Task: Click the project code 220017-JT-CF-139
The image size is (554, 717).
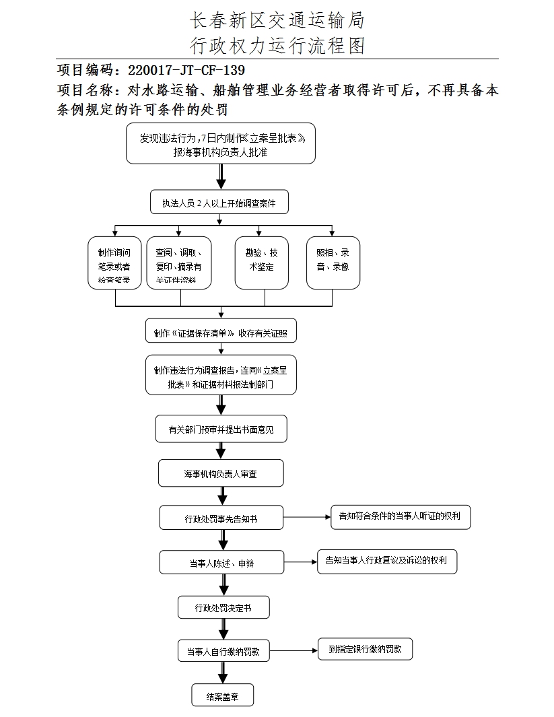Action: point(186,70)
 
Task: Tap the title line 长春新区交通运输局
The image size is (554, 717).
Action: point(277,20)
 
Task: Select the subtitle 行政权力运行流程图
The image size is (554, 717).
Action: point(277,45)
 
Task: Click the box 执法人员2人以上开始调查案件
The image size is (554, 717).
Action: point(219,203)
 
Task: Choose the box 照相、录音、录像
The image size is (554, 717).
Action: point(333,263)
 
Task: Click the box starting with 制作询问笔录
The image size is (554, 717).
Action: point(114,263)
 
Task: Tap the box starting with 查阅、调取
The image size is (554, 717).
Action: point(178,263)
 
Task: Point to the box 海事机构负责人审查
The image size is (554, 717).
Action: point(221,473)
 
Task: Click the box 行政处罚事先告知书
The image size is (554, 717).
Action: point(221,518)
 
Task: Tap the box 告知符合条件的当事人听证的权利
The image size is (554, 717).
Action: point(400,516)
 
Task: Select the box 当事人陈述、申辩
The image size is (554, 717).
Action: point(221,563)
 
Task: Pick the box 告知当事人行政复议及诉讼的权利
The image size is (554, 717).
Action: point(387,560)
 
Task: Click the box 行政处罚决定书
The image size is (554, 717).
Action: point(223,607)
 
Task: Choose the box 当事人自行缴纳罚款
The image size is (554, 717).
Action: point(223,651)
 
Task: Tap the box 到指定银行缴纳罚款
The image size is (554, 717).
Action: point(365,649)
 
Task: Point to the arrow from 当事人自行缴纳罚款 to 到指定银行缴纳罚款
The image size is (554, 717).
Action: point(293,651)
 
